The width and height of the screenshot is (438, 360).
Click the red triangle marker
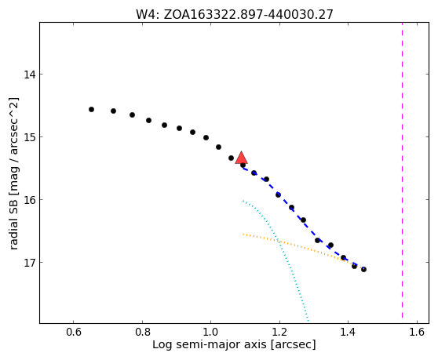point(241,158)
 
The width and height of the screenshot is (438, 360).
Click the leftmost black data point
point(91,109)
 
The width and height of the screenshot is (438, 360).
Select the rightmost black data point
point(363,269)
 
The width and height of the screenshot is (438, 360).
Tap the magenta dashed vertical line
point(402,170)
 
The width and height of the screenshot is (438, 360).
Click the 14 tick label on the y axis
point(29,75)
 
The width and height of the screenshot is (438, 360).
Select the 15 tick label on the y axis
point(29,137)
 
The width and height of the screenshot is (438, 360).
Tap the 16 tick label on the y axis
point(29,200)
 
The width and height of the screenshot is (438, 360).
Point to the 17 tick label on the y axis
point(29,263)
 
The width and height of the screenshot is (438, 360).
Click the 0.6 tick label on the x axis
point(74,332)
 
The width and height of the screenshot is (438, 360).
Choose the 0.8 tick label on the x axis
point(142,332)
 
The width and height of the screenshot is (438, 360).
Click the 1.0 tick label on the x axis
point(211,332)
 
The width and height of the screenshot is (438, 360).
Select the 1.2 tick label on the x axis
point(279,332)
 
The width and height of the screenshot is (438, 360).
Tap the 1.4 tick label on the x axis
point(348,332)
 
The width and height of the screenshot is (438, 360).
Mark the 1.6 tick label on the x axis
point(417,332)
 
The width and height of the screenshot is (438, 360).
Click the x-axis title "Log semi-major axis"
point(210,344)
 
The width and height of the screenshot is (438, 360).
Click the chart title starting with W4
point(235,14)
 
